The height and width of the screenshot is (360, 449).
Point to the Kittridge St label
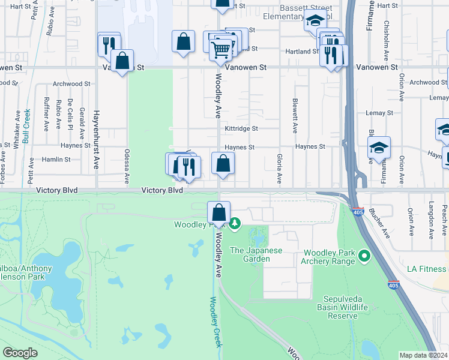[x=241, y=128]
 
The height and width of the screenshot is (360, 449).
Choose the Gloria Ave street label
[x=279, y=168]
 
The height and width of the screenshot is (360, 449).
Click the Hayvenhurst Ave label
[x=95, y=139]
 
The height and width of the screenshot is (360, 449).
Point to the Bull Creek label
[x=26, y=127]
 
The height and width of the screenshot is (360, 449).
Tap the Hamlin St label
[x=56, y=160]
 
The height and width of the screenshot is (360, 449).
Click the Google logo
[x=20, y=353]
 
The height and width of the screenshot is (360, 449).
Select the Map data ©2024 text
[x=423, y=355]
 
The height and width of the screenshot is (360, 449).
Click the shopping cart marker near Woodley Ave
[x=221, y=49]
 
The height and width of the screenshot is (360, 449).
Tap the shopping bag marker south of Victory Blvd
[x=219, y=213]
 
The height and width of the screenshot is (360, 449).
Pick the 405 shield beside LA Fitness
[x=393, y=286]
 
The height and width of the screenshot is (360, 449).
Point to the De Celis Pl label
[x=70, y=114]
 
